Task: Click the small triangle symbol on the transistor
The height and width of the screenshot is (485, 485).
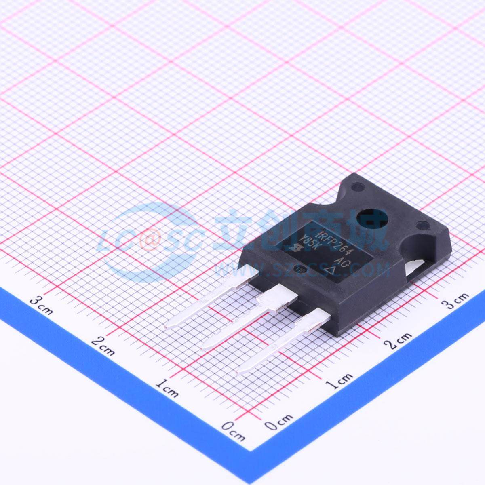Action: point(331,270)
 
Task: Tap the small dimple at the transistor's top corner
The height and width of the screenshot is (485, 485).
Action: point(356,187)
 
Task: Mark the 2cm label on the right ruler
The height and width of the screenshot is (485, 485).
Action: point(398,339)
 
